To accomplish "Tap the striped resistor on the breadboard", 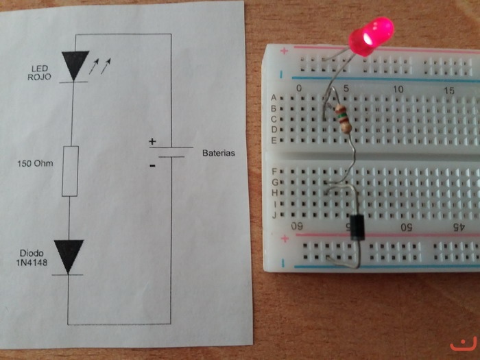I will [342, 118].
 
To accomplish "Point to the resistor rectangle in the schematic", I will [70, 171].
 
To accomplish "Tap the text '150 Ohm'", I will [37, 164].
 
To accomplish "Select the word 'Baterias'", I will [218, 153].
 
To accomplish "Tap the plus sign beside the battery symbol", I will [152, 142].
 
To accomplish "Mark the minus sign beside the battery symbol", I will [152, 165].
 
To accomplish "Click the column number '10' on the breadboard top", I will [398, 89].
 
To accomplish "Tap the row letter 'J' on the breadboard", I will [275, 215].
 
